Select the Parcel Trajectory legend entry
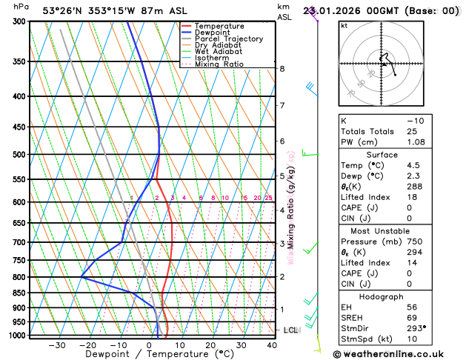[228, 39]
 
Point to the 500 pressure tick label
[21, 155]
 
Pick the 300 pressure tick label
[21, 21]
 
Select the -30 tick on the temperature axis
[56, 345]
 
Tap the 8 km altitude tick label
[282, 69]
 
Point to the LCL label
[290, 330]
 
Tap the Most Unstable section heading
[398, 231]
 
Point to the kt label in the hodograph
[344, 25]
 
